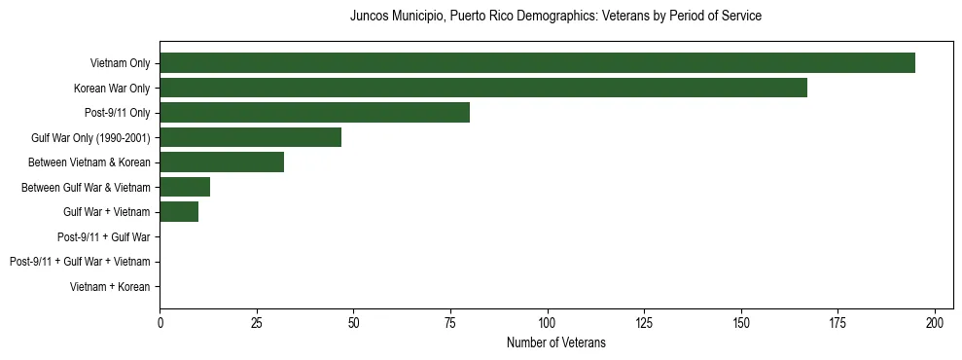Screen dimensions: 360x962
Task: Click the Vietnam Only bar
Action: click(x=537, y=63)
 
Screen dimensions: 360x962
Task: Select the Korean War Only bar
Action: click(x=483, y=88)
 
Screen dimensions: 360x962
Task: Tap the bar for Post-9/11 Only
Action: click(x=314, y=113)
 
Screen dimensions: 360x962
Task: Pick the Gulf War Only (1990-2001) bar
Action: click(x=250, y=137)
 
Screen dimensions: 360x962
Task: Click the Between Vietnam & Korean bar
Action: click(x=222, y=162)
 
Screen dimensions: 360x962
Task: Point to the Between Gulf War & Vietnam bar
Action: click(x=185, y=187)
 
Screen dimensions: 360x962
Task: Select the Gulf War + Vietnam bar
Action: click(x=179, y=212)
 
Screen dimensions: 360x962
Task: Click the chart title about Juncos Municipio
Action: click(x=555, y=17)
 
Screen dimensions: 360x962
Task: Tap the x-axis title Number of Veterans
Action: click(x=555, y=342)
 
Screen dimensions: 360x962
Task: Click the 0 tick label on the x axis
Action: click(x=160, y=322)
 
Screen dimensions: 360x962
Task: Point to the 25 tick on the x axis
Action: click(x=257, y=322)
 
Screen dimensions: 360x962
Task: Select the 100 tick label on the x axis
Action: click(x=548, y=322)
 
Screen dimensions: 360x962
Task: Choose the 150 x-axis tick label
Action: click(x=741, y=322)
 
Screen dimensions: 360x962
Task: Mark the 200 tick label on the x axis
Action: click(x=936, y=322)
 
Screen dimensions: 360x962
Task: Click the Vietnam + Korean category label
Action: click(x=110, y=287)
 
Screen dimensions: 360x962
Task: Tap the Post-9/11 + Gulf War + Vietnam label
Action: click(x=80, y=262)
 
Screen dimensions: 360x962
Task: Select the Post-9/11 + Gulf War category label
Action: click(x=103, y=236)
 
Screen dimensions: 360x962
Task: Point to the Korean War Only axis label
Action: click(x=112, y=89)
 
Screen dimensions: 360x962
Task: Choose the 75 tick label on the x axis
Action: click(x=450, y=322)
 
